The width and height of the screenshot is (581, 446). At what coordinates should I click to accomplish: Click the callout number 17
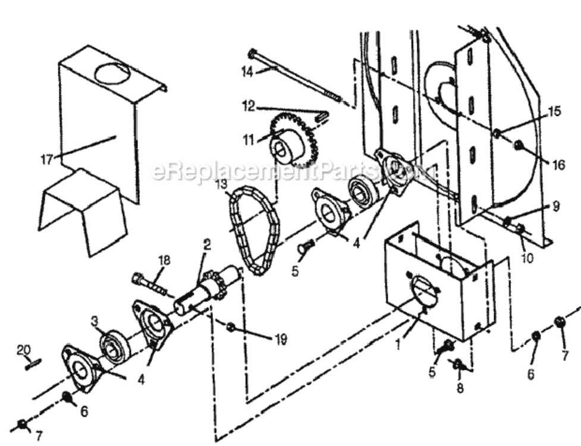[47, 159]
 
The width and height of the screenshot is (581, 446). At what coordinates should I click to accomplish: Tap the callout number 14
[247, 71]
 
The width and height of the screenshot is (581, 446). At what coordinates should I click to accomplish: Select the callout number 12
[248, 106]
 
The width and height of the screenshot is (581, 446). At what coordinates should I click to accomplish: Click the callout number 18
[164, 260]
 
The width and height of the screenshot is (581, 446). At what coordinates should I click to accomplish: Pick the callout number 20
[24, 350]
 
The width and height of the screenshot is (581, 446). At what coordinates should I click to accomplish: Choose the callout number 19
[281, 340]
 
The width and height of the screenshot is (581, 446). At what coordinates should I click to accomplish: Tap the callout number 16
[558, 164]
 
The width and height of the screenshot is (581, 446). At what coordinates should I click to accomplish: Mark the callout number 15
[554, 111]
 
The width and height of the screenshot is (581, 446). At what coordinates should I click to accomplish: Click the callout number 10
[526, 257]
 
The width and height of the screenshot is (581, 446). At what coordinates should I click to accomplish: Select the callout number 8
[460, 388]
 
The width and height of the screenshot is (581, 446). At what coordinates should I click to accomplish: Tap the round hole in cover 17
[112, 74]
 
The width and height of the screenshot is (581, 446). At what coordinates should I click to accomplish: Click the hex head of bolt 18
[138, 277]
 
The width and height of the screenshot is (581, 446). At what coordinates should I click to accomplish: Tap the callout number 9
[556, 206]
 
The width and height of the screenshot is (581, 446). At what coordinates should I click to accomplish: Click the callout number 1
[398, 346]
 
